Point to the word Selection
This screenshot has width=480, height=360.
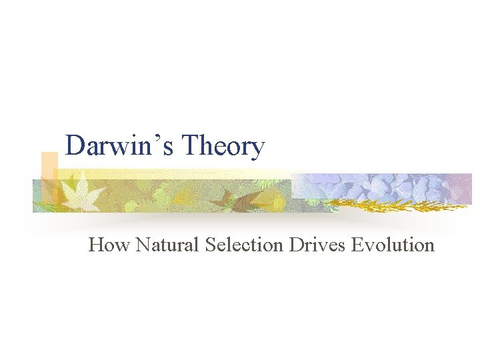click(244, 245)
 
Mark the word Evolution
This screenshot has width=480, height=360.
click(393, 245)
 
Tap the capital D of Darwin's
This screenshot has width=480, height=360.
click(75, 145)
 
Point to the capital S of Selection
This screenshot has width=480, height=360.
click(210, 245)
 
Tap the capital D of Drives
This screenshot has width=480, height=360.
click(295, 245)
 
